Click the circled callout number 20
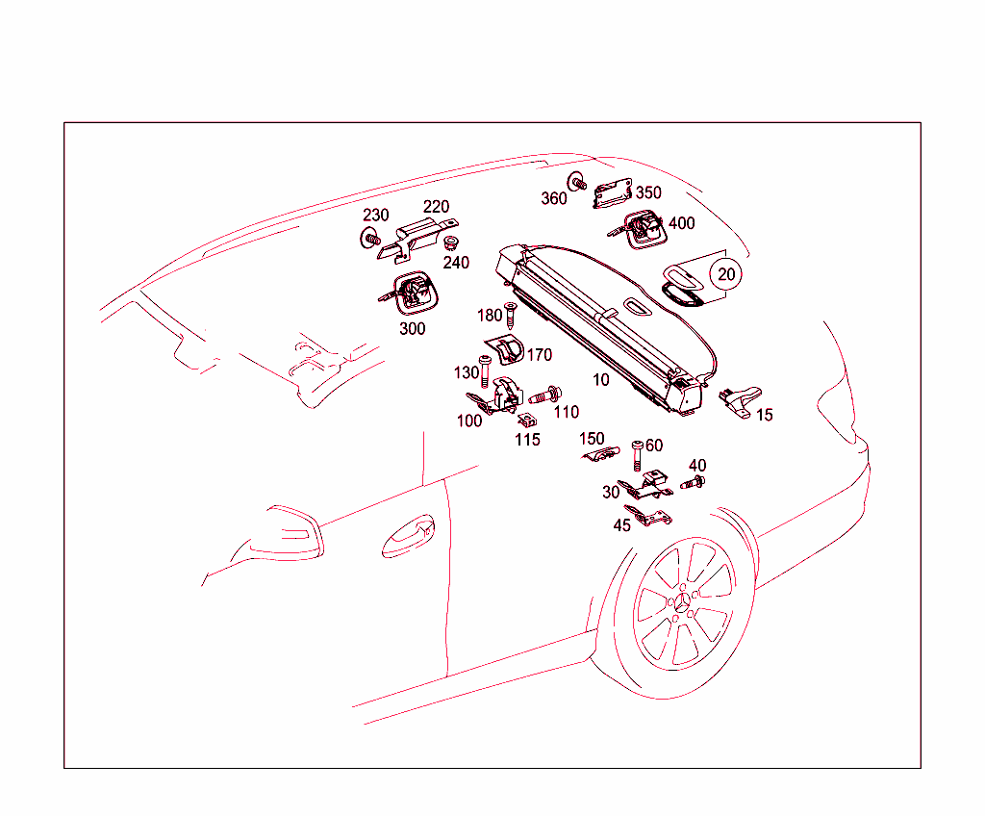click(725, 274)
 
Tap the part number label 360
click(553, 198)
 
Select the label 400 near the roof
click(682, 223)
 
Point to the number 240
click(456, 263)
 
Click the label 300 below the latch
click(412, 329)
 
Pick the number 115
click(527, 440)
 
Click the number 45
click(622, 525)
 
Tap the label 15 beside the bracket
click(765, 415)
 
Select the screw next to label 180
click(510, 316)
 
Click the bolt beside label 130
click(485, 371)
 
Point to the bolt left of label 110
click(544, 396)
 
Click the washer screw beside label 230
click(370, 239)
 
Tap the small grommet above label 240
click(450, 242)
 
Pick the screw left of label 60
click(637, 456)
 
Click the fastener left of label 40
click(693, 483)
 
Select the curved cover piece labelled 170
click(505, 350)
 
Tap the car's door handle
click(408, 537)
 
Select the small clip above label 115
click(526, 420)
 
